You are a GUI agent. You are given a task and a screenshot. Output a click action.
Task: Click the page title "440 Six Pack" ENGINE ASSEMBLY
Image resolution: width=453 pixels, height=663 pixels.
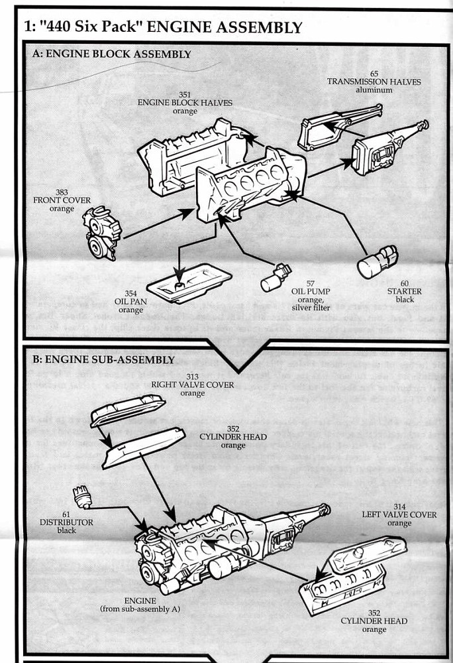[x=162, y=27]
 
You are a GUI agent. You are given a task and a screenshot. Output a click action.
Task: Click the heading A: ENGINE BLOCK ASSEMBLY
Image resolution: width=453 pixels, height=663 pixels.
[x=111, y=54]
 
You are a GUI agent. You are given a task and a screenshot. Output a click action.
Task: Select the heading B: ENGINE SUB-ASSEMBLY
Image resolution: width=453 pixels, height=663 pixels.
[x=103, y=360]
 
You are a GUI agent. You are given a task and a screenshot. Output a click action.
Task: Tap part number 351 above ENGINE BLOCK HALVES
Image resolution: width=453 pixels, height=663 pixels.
[x=185, y=95]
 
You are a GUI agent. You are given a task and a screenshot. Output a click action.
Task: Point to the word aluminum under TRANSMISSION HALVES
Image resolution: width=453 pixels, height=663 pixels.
[x=374, y=90]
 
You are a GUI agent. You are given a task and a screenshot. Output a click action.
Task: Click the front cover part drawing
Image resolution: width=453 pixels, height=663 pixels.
[x=102, y=233]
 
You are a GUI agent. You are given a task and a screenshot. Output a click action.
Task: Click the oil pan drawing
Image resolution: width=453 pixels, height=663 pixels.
[x=189, y=282]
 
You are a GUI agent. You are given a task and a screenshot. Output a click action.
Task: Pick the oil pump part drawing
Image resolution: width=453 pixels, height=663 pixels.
[x=275, y=278]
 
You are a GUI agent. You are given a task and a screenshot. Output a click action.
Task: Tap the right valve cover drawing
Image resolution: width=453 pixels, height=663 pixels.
[x=128, y=410]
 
